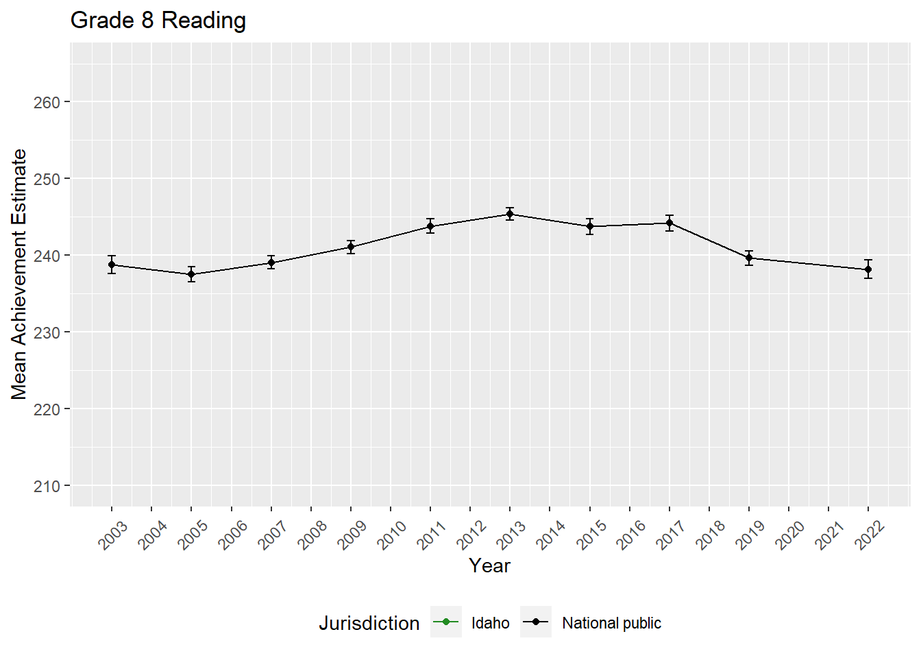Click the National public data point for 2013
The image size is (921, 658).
click(x=510, y=214)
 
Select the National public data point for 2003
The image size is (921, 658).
click(x=112, y=265)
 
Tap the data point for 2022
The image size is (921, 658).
click(x=868, y=269)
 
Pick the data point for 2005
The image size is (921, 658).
click(x=191, y=274)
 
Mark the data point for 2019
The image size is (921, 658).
click(x=749, y=258)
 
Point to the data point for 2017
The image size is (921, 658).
click(x=670, y=223)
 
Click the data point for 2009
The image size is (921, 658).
click(x=351, y=247)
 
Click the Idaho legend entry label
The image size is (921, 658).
click(x=490, y=623)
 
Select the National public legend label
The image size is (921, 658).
click(x=611, y=623)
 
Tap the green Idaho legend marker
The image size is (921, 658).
click(x=446, y=622)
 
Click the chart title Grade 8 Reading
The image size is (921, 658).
click(x=158, y=21)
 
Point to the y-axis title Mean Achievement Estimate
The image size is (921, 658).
click(x=19, y=274)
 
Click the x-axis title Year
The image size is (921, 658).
click(x=489, y=565)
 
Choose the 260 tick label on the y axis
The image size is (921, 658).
click(x=47, y=102)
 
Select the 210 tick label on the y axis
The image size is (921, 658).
click(x=47, y=486)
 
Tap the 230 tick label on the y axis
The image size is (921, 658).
click(x=47, y=332)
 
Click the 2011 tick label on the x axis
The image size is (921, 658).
click(x=432, y=535)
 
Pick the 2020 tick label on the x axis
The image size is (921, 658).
click(x=789, y=535)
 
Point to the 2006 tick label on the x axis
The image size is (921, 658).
click(x=232, y=535)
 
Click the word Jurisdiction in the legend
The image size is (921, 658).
click(x=369, y=623)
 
